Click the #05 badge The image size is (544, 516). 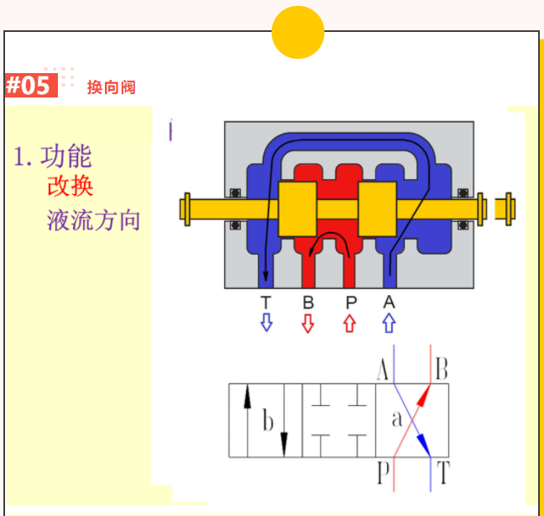[x=31, y=86]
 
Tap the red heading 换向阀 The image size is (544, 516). [x=111, y=87]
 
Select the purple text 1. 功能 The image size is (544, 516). [x=53, y=156]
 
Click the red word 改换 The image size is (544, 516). [x=71, y=186]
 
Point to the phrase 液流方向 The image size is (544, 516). [x=94, y=220]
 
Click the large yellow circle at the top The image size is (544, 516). [x=298, y=32]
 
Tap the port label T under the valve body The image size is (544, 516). [x=266, y=303]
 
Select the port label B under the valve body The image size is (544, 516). [x=308, y=303]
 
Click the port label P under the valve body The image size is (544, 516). [x=351, y=303]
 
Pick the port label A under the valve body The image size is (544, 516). [x=389, y=302]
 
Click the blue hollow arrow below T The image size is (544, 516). [x=266, y=322]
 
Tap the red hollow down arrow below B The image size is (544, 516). [x=308, y=324]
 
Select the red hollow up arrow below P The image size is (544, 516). [x=350, y=324]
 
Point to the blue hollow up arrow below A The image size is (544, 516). [x=389, y=323]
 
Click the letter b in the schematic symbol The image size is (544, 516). [x=268, y=420]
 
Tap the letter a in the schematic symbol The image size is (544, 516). [x=397, y=419]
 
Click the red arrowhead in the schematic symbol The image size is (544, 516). [x=424, y=395]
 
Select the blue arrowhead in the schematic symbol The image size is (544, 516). [x=424, y=445]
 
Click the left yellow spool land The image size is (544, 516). [x=297, y=209]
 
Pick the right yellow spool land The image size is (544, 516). [x=378, y=209]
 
